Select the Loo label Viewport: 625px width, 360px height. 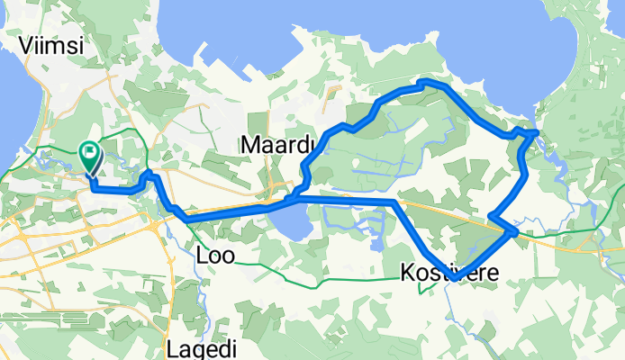[x=215, y=256]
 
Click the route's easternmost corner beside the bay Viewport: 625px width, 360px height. [x=536, y=131]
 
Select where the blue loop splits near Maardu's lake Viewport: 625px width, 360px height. [x=297, y=194]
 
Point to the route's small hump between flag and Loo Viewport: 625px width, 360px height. [x=149, y=174]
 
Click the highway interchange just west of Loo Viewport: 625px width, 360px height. [x=162, y=224]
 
